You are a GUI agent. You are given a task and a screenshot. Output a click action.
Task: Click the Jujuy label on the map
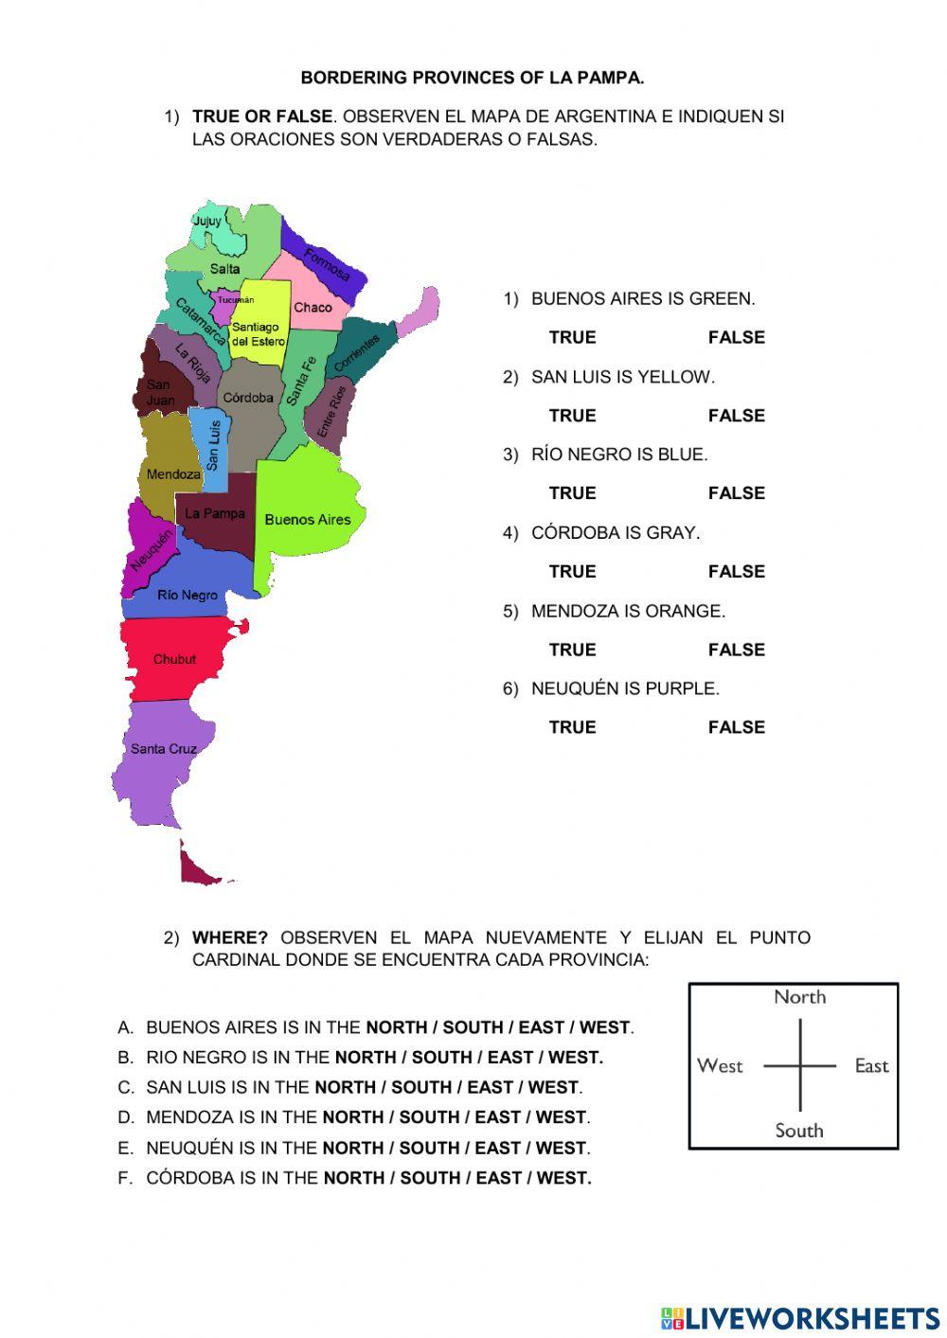(x=206, y=221)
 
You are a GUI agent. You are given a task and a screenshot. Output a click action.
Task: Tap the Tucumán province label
(x=236, y=300)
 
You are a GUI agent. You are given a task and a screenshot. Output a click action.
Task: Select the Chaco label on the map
(x=313, y=308)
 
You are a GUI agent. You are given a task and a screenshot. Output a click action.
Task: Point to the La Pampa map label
(x=214, y=513)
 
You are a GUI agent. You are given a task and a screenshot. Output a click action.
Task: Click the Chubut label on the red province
(x=174, y=659)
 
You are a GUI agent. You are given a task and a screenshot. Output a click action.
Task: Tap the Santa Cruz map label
(x=163, y=749)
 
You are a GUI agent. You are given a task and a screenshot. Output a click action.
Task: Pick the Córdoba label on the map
(x=248, y=398)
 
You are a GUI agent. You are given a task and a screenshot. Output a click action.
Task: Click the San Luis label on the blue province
(x=213, y=445)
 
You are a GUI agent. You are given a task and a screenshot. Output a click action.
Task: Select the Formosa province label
(x=327, y=264)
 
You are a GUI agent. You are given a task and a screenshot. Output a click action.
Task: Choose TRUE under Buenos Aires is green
(x=572, y=337)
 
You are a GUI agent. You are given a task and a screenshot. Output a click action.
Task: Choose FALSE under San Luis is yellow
(x=736, y=416)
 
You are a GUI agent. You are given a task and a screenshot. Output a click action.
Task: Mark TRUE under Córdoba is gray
(x=572, y=572)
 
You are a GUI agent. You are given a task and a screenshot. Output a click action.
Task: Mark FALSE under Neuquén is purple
(x=736, y=727)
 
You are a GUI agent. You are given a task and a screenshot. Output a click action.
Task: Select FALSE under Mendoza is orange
(x=736, y=650)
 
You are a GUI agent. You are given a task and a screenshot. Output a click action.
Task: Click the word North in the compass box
(x=799, y=997)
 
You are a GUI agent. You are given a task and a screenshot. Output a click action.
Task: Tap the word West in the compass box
(x=720, y=1066)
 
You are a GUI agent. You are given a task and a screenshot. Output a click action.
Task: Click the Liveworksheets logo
(x=799, y=1318)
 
